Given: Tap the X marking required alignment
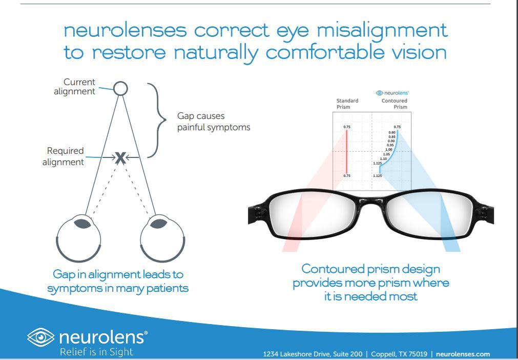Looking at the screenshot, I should [120, 158].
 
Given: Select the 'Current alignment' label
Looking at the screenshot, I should [75, 87].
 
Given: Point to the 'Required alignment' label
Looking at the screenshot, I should [65, 156].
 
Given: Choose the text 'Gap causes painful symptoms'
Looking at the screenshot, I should [214, 122].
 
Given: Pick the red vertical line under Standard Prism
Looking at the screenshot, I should [347, 151].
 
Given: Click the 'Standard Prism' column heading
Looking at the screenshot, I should [347, 104].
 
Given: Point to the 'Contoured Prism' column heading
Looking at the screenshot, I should [395, 104].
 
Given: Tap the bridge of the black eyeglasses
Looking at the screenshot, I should [370, 201].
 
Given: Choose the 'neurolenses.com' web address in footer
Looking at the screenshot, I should [463, 354].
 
